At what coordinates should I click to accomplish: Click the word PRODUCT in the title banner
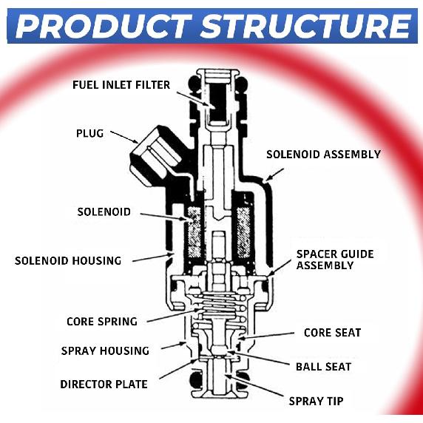tap(104, 26)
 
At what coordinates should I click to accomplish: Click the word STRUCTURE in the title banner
tap(305, 26)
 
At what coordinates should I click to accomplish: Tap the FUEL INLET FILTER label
tap(121, 85)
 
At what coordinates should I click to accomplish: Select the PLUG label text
tap(89, 133)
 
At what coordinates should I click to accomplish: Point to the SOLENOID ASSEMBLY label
tap(323, 155)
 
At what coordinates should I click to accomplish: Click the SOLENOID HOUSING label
tap(68, 261)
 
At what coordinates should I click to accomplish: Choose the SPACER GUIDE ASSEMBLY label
tap(335, 260)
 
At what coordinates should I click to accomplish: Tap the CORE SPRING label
tap(102, 322)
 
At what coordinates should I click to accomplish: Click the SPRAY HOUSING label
tap(105, 351)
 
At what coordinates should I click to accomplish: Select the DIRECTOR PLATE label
tap(104, 384)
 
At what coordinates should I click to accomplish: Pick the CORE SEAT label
tap(332, 333)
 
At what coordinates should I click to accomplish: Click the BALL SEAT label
tap(323, 367)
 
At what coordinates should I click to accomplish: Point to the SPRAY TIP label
tap(316, 401)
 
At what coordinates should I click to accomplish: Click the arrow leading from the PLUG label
tap(124, 137)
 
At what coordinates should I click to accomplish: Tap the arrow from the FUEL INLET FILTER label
tap(194, 99)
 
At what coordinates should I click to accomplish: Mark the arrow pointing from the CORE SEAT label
tap(266, 336)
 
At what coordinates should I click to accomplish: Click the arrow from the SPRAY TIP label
tap(254, 385)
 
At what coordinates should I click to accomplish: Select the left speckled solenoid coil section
tap(194, 232)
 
